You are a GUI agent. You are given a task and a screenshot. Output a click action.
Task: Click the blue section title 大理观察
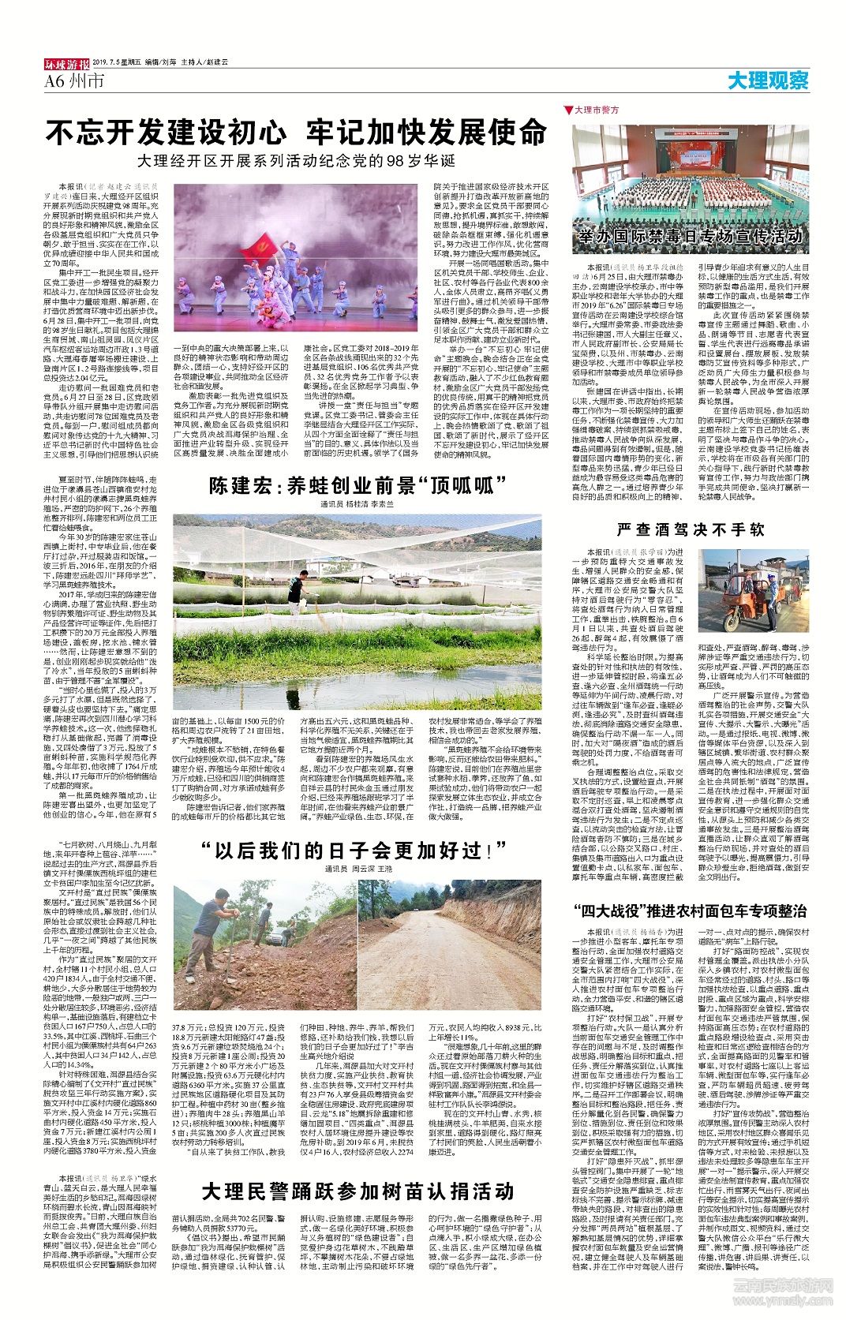coord(768,80)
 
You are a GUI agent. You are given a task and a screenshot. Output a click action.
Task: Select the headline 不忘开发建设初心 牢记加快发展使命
coord(296,132)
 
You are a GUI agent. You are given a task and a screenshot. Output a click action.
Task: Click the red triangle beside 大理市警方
coord(567,110)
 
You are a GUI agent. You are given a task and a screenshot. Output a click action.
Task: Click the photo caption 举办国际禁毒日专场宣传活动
coord(690,236)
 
